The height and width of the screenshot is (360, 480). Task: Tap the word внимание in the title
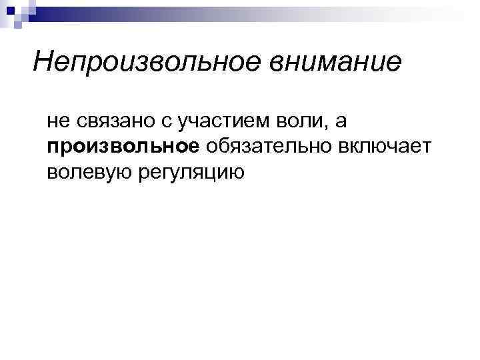[x=336, y=62]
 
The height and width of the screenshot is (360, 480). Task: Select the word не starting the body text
[x=57, y=121]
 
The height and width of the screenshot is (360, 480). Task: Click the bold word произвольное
[x=123, y=147]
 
